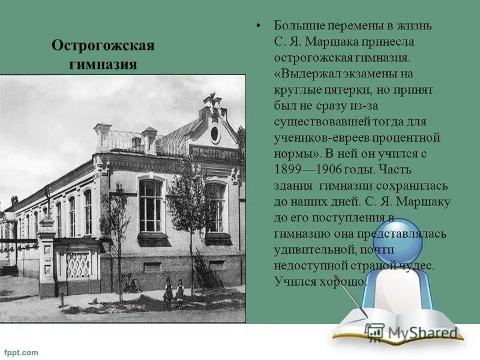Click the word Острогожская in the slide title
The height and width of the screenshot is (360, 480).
pos(103,46)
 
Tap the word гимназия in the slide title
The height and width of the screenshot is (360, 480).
pos(104,64)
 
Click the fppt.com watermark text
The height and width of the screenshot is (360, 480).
pos(21,352)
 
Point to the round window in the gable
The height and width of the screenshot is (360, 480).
pos(215,133)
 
